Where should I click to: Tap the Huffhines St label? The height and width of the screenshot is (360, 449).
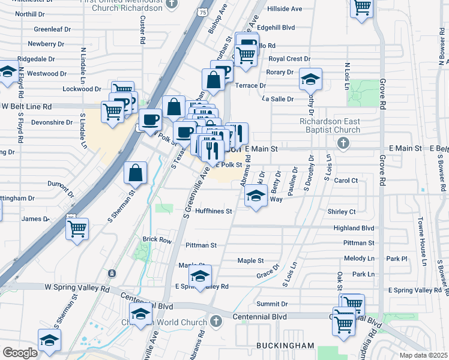pyautogui.click(x=212, y=211)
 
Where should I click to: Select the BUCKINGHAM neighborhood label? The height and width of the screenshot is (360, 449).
pyautogui.click(x=285, y=346)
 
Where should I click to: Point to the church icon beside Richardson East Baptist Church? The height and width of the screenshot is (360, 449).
pyautogui.click(x=343, y=143)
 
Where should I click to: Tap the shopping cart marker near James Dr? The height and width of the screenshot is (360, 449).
pyautogui.click(x=77, y=228)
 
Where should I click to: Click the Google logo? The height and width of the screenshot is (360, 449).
pyautogui.click(x=20, y=353)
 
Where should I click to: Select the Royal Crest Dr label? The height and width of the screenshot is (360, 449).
pyautogui.click(x=289, y=59)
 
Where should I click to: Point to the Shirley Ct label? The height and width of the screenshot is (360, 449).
pyautogui.click(x=342, y=212)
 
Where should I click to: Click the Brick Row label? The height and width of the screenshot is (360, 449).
pyautogui.click(x=157, y=240)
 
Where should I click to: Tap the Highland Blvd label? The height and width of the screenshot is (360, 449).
pyautogui.click(x=354, y=228)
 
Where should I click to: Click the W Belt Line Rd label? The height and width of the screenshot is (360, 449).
pyautogui.click(x=27, y=106)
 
